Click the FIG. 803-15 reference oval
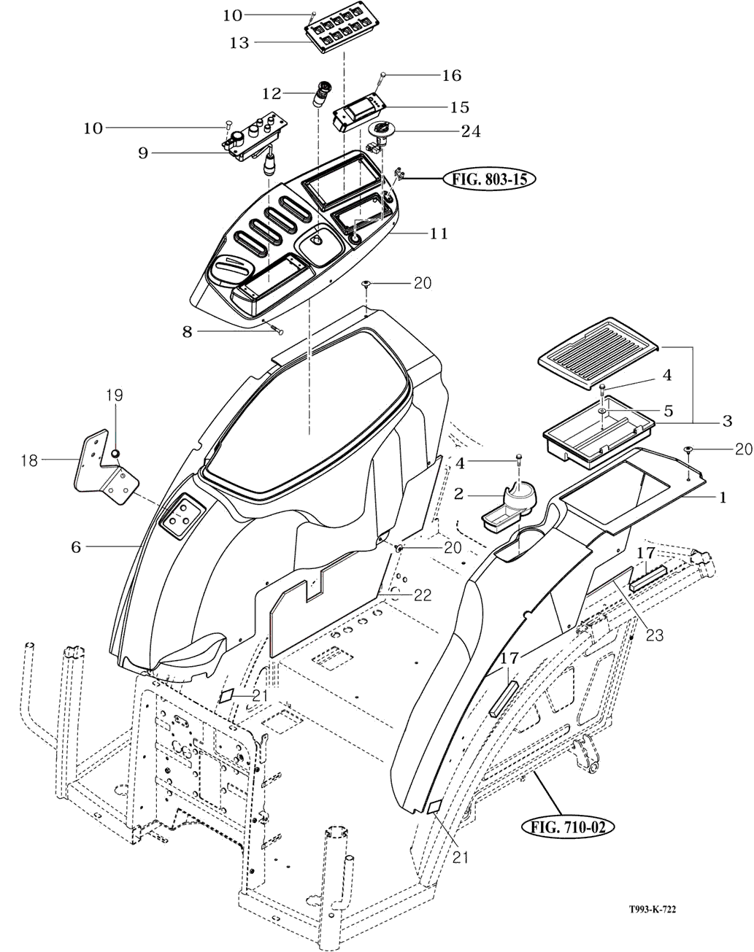point(488,179)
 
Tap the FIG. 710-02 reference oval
point(568,827)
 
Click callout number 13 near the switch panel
point(239,43)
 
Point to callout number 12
point(272,93)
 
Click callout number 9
point(143,153)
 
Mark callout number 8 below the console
point(188,332)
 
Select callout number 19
point(114,395)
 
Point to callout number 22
point(422,595)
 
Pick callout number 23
point(654,635)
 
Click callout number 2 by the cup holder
point(459,494)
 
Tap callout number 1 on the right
point(723,498)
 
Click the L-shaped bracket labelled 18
point(107,471)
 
